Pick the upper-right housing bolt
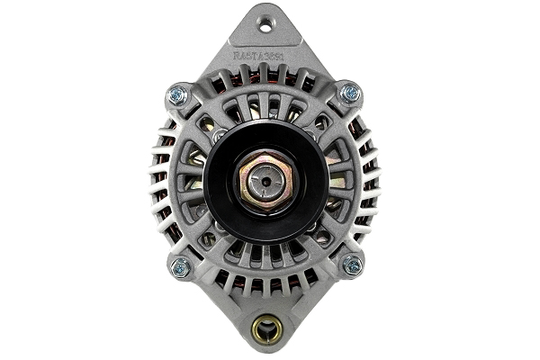point(351,93)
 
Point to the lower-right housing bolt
point(352,265)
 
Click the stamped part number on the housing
point(261,55)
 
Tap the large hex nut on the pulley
point(265,180)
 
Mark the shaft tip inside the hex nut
point(265,180)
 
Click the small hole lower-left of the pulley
point(211,238)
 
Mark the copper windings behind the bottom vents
point(265,283)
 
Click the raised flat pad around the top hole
point(265,31)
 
